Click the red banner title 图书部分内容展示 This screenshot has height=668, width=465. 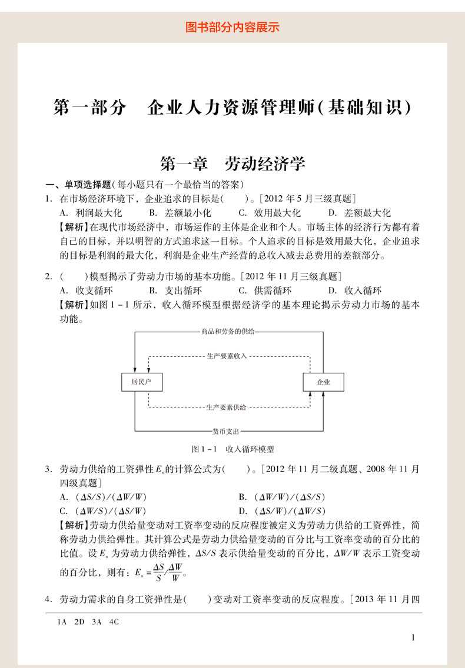coord(232,27)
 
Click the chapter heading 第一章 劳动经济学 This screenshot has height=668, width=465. coord(232,163)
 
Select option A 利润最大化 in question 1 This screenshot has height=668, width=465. coord(91,213)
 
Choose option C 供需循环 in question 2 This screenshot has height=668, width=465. coord(265,290)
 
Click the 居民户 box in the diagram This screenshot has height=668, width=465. coord(141,382)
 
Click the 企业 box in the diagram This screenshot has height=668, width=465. coord(323,382)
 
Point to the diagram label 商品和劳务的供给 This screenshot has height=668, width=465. coord(228,332)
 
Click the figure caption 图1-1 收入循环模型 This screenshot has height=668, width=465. coord(233,449)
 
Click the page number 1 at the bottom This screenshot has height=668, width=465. coord(413,637)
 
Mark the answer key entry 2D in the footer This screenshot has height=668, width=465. coord(79,621)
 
